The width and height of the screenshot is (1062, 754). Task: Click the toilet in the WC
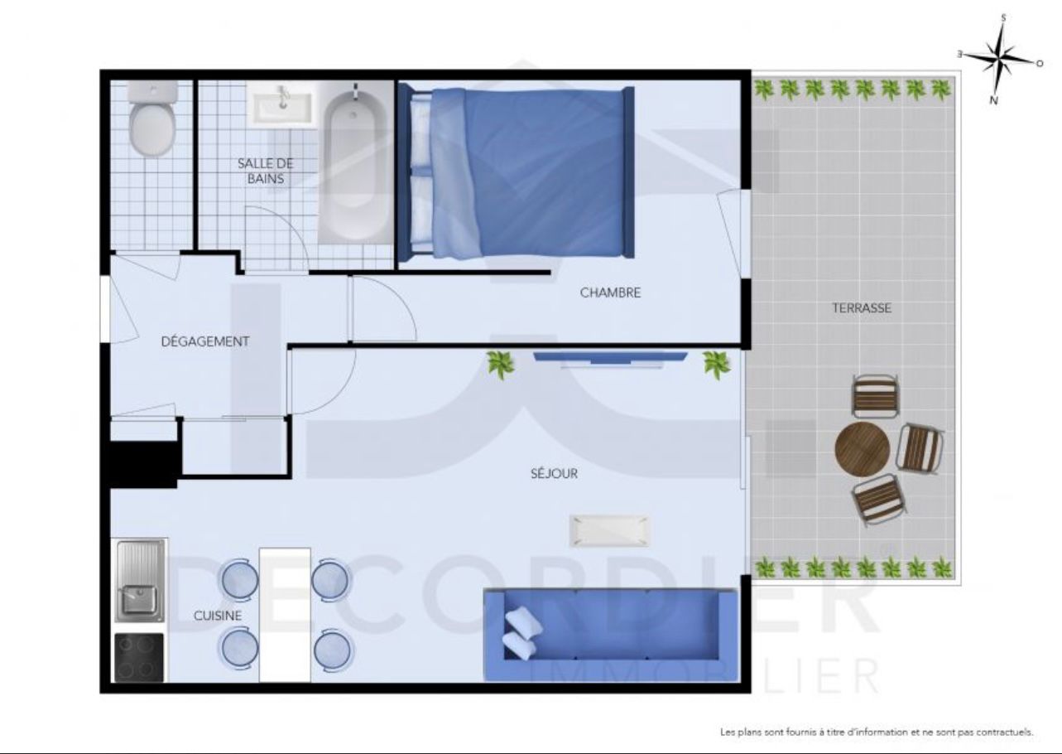click(152, 118)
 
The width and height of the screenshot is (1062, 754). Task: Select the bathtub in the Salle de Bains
click(354, 163)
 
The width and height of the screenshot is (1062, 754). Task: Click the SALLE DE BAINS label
click(266, 172)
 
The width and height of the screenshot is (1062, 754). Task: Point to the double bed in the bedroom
click(517, 172)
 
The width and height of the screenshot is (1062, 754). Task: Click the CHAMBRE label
click(610, 292)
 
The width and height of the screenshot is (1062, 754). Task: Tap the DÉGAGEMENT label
click(205, 341)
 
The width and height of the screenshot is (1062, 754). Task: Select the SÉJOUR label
click(555, 474)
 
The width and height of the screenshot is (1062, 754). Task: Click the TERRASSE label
click(862, 308)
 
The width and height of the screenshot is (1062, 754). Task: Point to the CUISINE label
click(218, 616)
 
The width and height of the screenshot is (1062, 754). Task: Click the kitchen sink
click(141, 581)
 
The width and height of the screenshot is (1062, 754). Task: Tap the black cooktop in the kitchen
click(139, 657)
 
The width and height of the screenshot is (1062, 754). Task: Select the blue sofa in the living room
click(611, 635)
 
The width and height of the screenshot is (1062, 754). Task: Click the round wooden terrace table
click(863, 449)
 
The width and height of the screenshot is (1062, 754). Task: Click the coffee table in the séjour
click(609, 531)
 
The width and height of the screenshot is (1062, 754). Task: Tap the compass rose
click(1001, 60)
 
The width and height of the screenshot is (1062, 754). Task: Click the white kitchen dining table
click(285, 615)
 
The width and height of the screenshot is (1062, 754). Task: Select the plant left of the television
click(501, 365)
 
